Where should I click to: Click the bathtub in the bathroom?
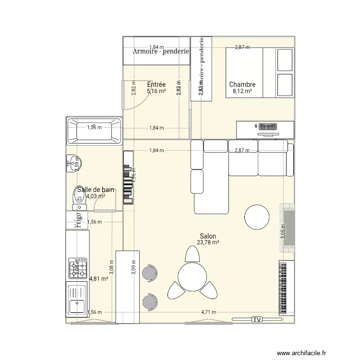pos(94,131)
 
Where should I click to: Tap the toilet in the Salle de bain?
pos(79,198)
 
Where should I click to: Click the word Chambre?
pos(242,84)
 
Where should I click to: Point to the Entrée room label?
pos(156,84)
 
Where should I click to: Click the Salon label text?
pos(208,236)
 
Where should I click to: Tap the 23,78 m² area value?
pos(208,243)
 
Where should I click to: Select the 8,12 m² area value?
pos(242,91)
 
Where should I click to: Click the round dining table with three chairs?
pos(192,276)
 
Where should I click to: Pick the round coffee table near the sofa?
pos(257,217)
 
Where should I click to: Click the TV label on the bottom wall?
pos(257,319)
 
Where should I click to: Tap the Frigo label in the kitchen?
pos(77,220)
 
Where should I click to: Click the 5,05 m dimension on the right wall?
pos(283,234)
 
